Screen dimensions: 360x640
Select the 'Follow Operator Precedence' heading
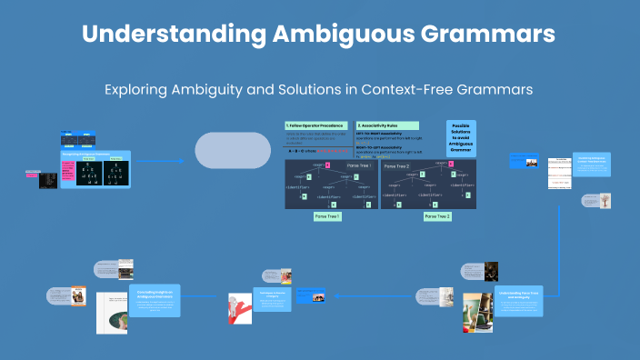coord(315,125)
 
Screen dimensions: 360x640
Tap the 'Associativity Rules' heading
coord(387,125)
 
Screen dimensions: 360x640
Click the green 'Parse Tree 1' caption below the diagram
coord(327,216)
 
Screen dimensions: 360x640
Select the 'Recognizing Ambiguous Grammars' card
coord(95,169)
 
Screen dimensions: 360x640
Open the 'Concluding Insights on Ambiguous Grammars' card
coord(155,301)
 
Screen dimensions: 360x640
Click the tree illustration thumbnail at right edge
coord(603,201)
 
